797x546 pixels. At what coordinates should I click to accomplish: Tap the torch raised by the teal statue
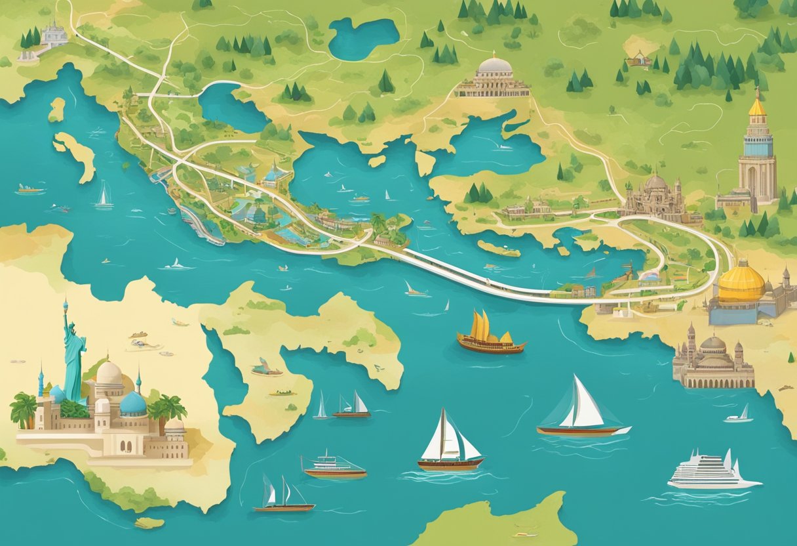click(65, 304)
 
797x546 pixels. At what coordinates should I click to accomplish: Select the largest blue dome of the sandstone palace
click(132, 404)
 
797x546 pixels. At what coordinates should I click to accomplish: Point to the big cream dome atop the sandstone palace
click(109, 374)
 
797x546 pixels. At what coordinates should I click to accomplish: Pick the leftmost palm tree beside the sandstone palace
click(24, 408)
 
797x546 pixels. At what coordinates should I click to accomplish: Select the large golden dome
click(741, 282)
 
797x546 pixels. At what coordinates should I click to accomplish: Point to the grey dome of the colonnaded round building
click(495, 66)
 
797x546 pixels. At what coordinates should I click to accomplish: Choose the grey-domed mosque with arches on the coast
click(713, 361)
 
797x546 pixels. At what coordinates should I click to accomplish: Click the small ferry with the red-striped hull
click(334, 467)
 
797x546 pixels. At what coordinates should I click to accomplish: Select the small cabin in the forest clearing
click(638, 61)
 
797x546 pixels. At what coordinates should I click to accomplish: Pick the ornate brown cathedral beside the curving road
click(655, 197)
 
